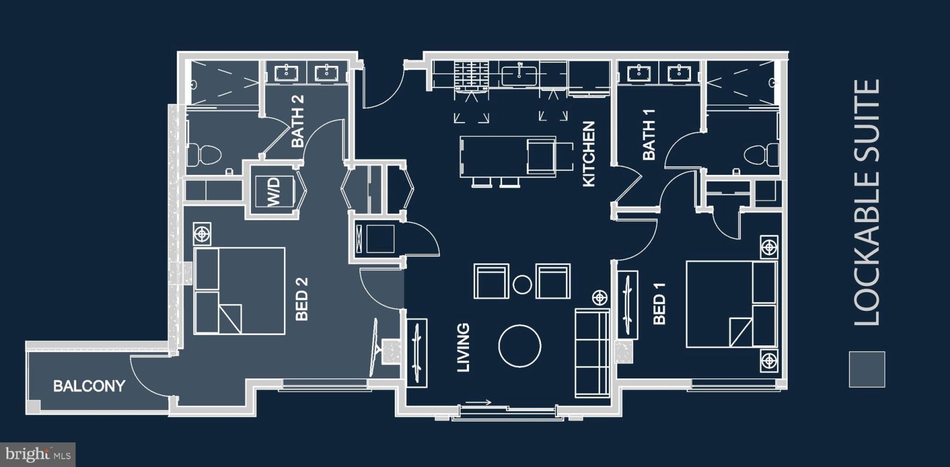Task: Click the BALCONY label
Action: pos(89,386)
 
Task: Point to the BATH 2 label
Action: pos(298,122)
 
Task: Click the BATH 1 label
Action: pos(649,135)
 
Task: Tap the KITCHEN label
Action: pos(589,153)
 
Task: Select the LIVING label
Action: pos(463,348)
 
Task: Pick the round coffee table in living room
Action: pos(520,346)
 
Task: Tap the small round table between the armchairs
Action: pos(523,284)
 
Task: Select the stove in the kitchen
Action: pos(471,75)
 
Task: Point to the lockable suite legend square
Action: pos(866,369)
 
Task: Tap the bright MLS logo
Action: pos(37,454)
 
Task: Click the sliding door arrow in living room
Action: pos(479,402)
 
